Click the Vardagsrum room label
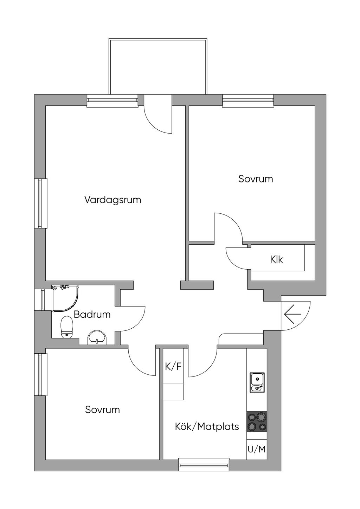(x=112, y=200)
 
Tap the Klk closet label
(x=276, y=259)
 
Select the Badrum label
(x=92, y=314)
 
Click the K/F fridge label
(x=173, y=367)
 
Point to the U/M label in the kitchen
(x=257, y=449)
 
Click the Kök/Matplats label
(x=207, y=427)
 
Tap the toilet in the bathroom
(x=66, y=327)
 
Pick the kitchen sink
(x=257, y=382)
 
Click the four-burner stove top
(x=257, y=422)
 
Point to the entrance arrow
(x=292, y=314)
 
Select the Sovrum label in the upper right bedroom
(x=256, y=179)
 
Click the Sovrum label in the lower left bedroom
(x=102, y=410)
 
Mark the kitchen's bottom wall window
(x=204, y=465)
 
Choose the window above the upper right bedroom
(x=248, y=101)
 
